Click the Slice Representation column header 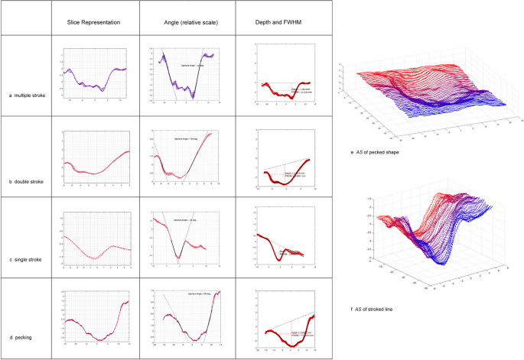(x=95, y=23)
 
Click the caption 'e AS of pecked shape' (x=375, y=152)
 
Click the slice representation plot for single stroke (x=95, y=239)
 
